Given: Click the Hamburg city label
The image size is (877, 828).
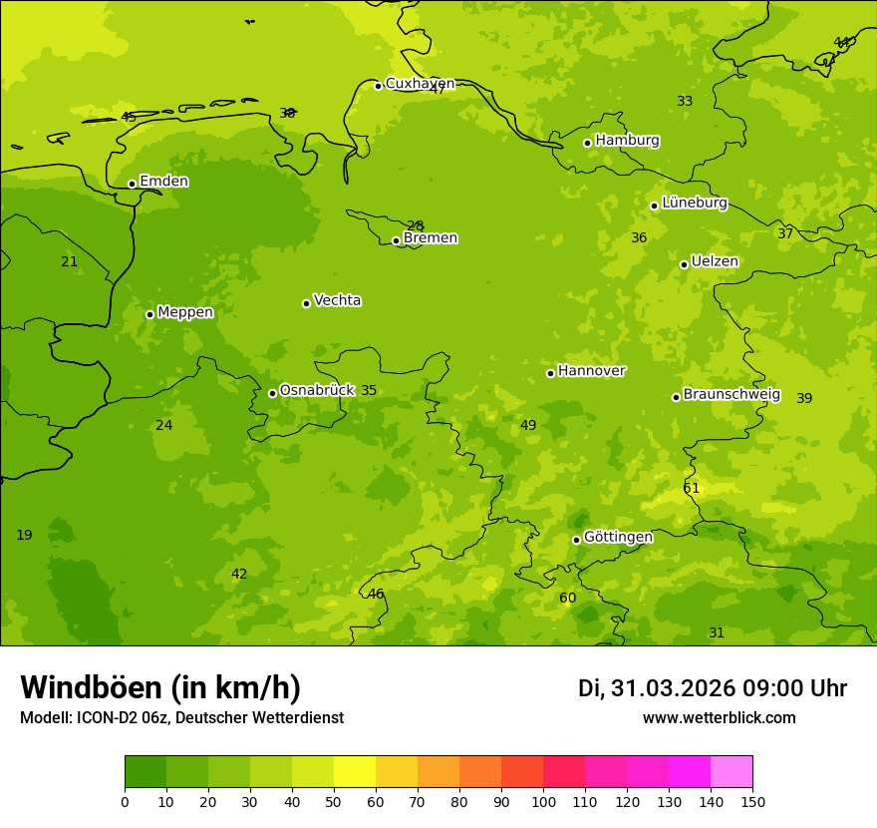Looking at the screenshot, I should (627, 141).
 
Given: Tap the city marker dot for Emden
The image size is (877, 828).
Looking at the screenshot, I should (132, 184).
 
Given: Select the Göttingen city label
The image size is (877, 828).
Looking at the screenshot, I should (618, 538).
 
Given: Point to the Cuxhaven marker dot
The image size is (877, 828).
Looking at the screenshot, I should (378, 86).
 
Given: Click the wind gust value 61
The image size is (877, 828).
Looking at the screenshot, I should (692, 489).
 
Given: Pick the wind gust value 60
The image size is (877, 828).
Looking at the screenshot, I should (567, 599).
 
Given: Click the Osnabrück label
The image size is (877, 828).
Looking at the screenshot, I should (317, 391).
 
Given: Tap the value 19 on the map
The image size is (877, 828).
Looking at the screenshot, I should (24, 536).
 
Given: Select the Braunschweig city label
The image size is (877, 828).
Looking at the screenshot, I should (731, 395).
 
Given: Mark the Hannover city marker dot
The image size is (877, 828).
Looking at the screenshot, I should (550, 373).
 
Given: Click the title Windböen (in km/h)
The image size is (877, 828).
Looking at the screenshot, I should (160, 687).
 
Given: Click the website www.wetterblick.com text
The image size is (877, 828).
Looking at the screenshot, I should (719, 718).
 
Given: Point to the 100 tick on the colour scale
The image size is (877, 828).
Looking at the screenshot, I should (543, 801).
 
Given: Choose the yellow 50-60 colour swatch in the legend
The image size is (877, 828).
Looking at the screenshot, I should (355, 772).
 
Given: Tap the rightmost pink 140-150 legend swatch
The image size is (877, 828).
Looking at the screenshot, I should (731, 772).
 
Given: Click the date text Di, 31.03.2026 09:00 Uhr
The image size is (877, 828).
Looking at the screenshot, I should (712, 688).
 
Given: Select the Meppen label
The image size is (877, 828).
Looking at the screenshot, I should (185, 312).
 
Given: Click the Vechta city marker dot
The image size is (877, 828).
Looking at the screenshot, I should (306, 303).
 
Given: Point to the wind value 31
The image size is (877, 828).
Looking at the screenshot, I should (717, 633).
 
